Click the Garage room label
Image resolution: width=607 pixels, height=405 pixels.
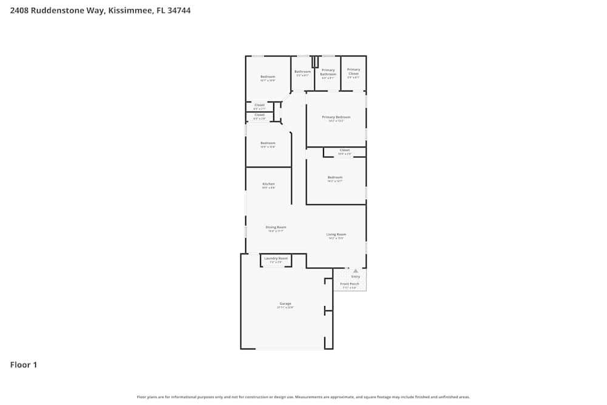click(x=285, y=304)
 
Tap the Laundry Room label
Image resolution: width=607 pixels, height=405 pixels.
click(x=276, y=259)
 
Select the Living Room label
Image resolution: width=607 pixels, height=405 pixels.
click(x=336, y=234)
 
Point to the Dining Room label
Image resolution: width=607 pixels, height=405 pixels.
click(x=276, y=228)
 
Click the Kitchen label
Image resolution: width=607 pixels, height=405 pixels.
click(x=268, y=184)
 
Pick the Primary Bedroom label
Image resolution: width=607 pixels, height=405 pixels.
click(x=336, y=117)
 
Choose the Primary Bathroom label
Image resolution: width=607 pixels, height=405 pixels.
click(x=328, y=72)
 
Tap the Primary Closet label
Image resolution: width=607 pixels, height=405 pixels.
click(x=353, y=72)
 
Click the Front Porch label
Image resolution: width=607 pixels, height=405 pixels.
click(x=350, y=284)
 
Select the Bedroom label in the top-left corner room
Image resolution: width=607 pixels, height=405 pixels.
click(x=268, y=77)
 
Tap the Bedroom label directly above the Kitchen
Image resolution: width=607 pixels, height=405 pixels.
click(x=268, y=143)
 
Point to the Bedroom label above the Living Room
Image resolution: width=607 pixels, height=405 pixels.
click(x=336, y=177)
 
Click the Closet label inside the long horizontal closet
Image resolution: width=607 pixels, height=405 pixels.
click(x=345, y=150)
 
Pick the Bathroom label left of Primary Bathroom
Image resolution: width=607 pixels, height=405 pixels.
click(x=302, y=72)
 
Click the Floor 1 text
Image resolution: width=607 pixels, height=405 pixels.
click(x=24, y=365)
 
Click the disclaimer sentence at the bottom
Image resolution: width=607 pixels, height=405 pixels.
click(x=303, y=397)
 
